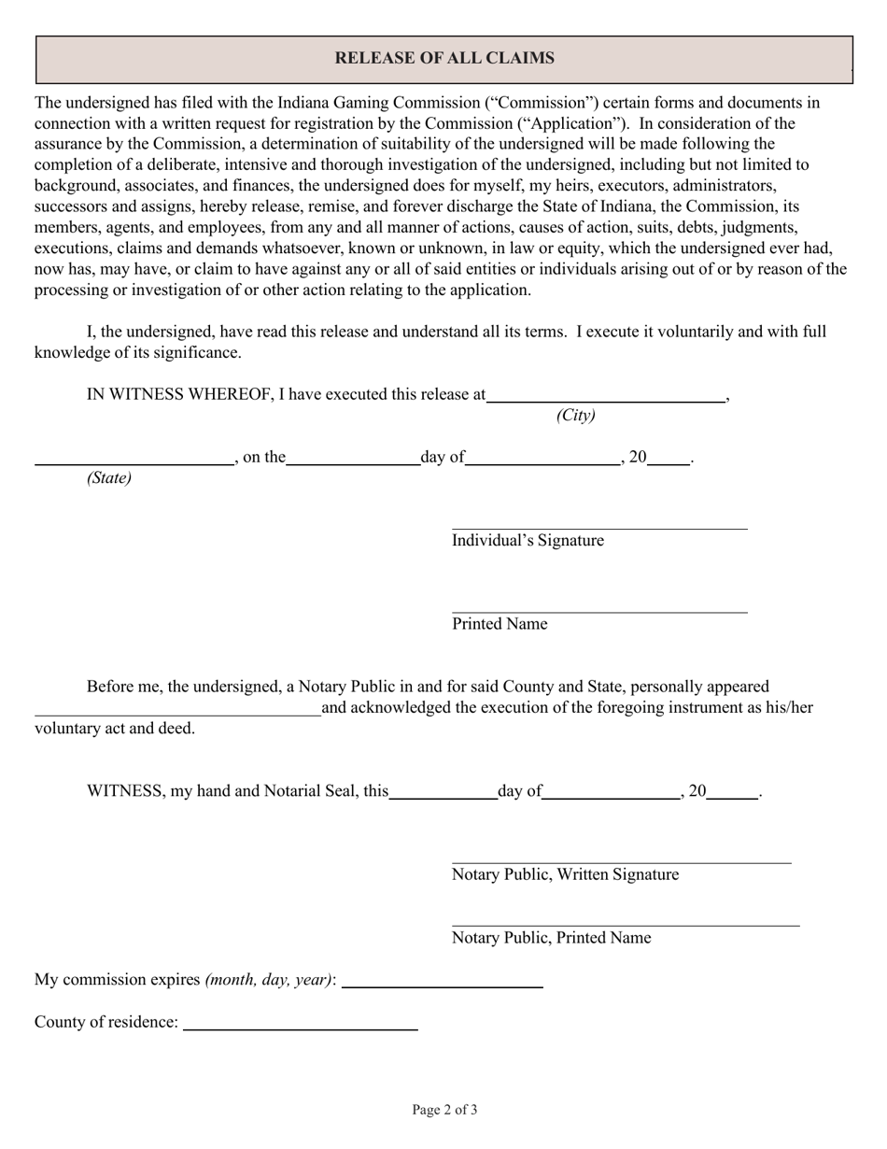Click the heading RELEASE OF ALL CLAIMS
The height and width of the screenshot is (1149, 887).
(444, 59)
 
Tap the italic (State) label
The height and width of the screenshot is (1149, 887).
(109, 478)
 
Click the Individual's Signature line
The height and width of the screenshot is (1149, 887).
(599, 527)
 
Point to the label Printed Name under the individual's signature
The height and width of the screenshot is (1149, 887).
(500, 624)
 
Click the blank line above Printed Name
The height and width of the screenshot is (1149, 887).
(599, 612)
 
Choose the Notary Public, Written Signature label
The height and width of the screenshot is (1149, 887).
(565, 874)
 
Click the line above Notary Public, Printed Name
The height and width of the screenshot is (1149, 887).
(626, 925)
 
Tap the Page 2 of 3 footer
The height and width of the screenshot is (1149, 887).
(444, 1110)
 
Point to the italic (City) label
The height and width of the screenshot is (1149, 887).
(575, 416)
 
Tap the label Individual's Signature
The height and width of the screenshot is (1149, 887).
(528, 541)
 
